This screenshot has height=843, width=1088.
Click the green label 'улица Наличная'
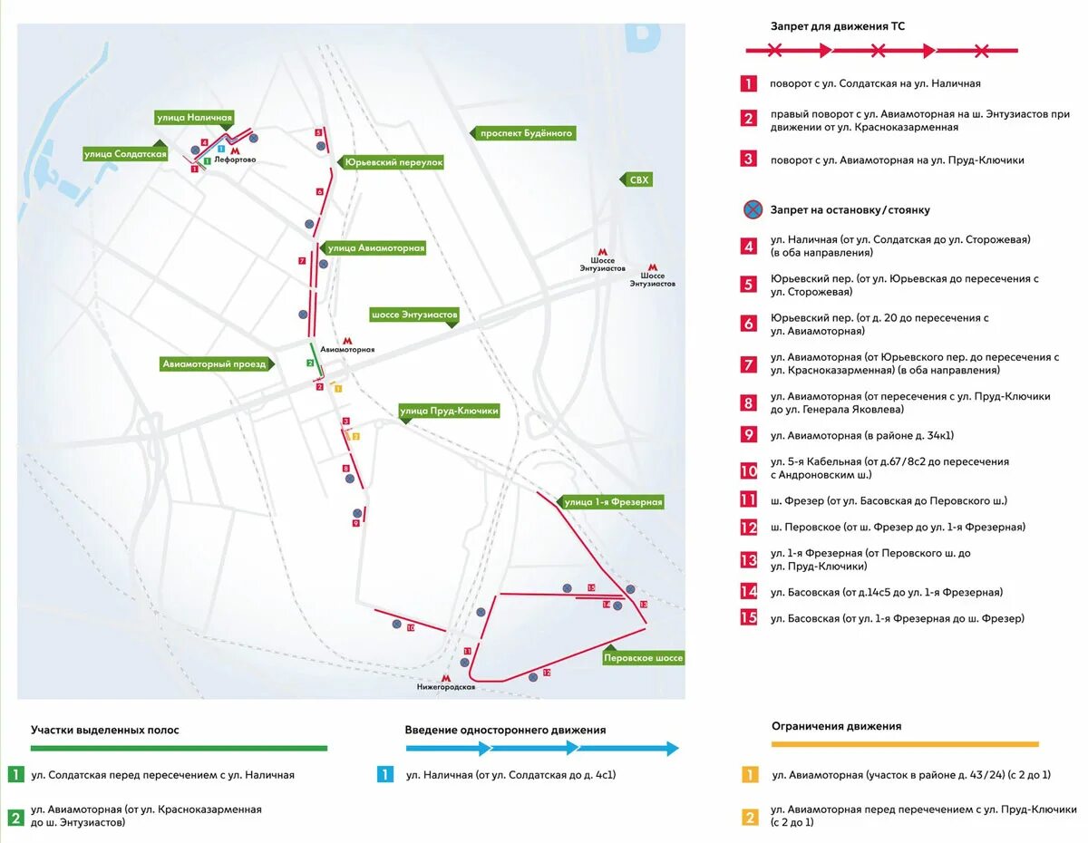point(195,118)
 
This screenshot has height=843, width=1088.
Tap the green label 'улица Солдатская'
point(125,154)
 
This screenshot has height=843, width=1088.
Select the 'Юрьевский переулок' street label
point(393,162)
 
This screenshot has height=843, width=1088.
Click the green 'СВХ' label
point(639,180)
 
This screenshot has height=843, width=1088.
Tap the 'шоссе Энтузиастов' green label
point(414,315)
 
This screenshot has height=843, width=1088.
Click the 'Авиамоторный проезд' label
point(215,364)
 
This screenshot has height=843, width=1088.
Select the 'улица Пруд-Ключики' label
point(450,411)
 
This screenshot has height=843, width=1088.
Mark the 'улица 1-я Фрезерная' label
point(613,502)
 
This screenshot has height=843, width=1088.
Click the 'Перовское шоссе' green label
point(643,658)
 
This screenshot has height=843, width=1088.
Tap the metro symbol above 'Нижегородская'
point(445,678)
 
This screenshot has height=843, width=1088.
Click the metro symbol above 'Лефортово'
point(236,151)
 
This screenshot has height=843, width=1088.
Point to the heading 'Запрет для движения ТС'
point(837,26)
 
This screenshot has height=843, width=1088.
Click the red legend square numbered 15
point(748,618)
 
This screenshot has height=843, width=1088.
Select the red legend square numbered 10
point(748,470)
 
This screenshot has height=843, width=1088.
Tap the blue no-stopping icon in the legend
point(752,210)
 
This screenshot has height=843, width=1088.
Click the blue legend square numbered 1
point(385,775)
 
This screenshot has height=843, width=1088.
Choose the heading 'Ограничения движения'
point(836,726)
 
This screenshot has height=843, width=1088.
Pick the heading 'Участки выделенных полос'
point(105,730)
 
